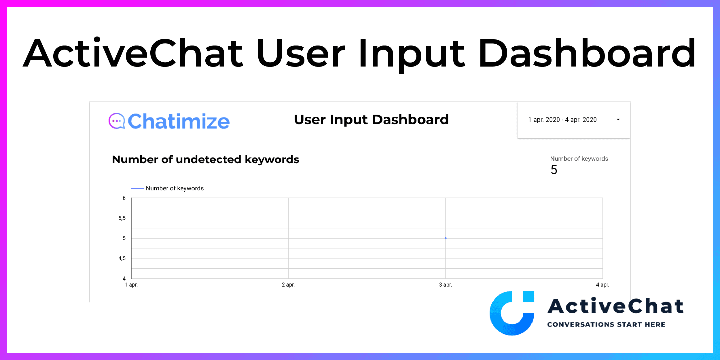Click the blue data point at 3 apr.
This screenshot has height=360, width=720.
click(446, 238)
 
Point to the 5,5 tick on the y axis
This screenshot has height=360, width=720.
click(122, 218)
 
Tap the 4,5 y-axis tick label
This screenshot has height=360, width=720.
click(122, 258)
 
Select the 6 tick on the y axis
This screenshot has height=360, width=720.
click(124, 198)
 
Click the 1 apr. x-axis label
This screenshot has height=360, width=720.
click(131, 285)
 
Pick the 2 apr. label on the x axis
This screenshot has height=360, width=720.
click(288, 285)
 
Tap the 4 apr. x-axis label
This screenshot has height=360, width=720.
click(602, 285)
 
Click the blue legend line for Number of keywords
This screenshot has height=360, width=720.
click(137, 188)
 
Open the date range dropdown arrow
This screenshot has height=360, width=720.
click(618, 120)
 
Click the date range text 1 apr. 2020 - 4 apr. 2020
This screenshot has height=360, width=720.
click(562, 120)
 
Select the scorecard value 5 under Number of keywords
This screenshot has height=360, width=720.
click(554, 170)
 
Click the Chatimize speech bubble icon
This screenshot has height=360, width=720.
click(117, 121)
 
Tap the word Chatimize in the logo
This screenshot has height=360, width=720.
click(179, 121)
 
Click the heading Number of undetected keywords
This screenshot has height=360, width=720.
click(206, 160)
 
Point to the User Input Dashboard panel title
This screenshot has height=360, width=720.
click(371, 120)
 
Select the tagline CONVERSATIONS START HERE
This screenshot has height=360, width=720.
click(606, 325)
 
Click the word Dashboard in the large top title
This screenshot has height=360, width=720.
click(587, 54)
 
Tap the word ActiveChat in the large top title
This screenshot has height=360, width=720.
click(133, 53)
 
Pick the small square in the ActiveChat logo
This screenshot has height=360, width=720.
click(528, 296)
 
